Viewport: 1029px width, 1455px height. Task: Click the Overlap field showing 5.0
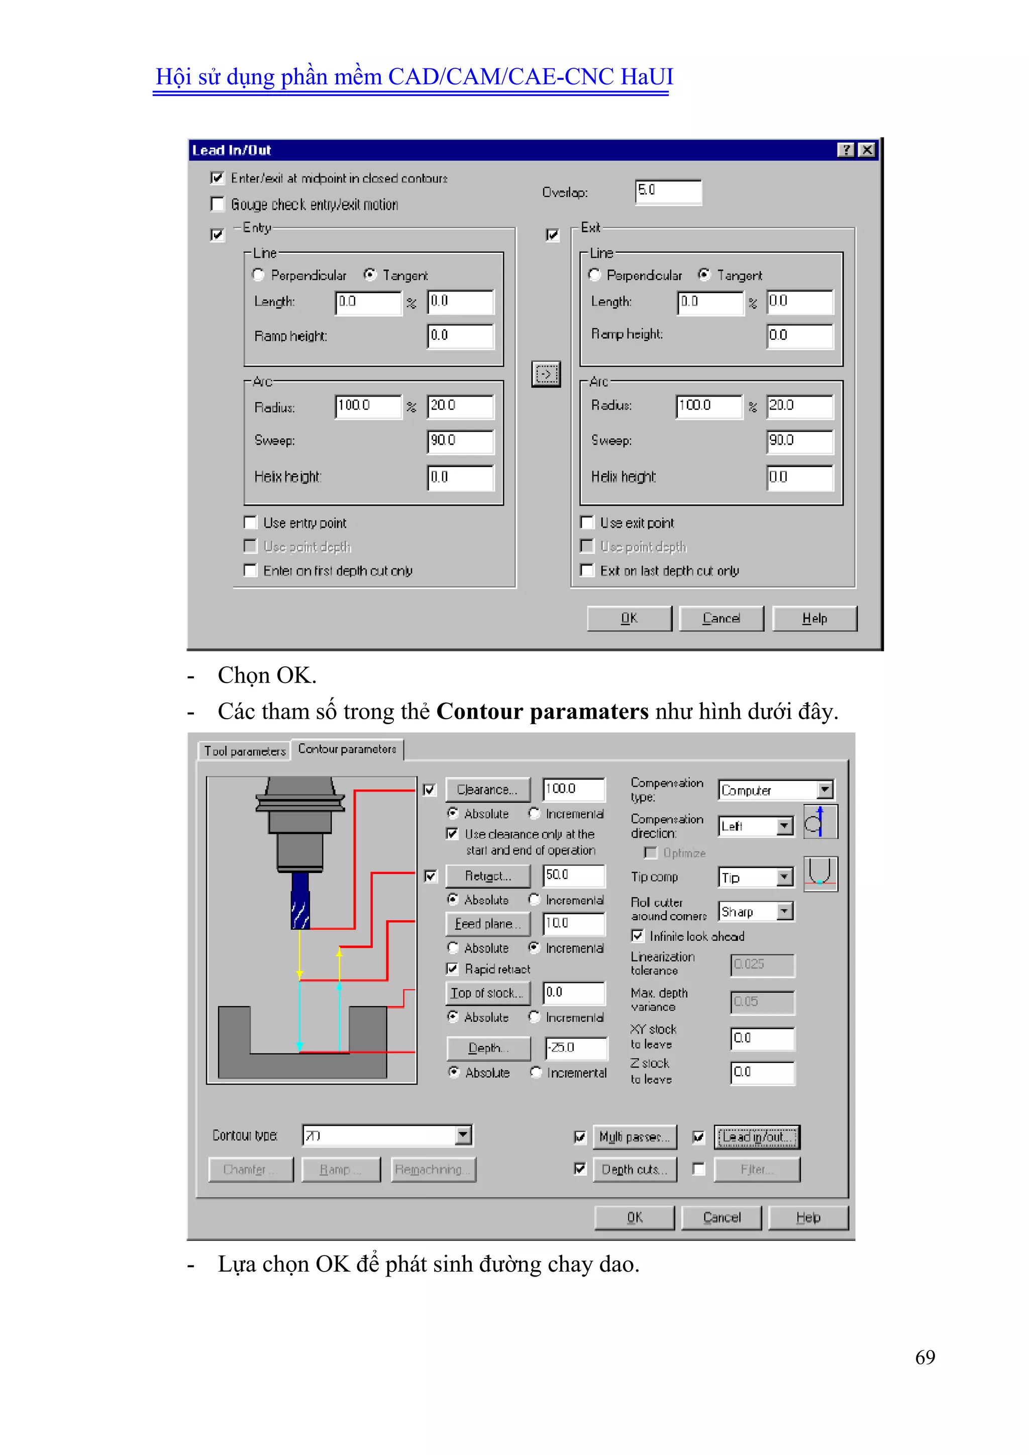(668, 191)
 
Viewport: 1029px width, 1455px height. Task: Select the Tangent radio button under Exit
(704, 275)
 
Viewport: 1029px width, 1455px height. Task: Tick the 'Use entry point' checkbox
(251, 523)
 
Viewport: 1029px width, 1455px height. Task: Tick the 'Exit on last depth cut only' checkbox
(587, 571)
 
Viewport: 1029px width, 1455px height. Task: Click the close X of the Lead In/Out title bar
(867, 150)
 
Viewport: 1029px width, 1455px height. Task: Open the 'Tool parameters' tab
(245, 751)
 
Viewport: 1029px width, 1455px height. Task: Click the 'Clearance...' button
(488, 790)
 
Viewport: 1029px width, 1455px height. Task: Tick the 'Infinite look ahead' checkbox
(638, 936)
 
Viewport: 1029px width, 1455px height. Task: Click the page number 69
(924, 1357)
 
